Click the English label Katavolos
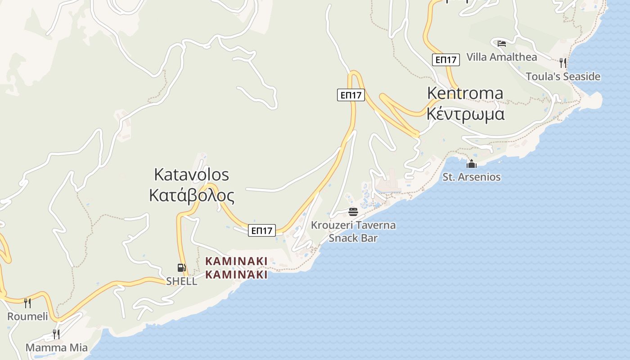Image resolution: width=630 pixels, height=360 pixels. [x=191, y=174]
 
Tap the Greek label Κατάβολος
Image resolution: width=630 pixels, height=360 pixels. [x=191, y=196]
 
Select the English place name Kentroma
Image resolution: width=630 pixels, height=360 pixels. [x=465, y=93]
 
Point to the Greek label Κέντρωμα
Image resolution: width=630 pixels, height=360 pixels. [x=465, y=114]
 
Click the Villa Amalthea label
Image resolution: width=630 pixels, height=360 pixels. [x=502, y=57]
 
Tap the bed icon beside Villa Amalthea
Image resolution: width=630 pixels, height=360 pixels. [x=502, y=44]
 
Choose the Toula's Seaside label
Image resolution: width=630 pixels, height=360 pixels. [x=563, y=76]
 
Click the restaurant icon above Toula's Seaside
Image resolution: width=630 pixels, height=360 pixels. [x=562, y=63]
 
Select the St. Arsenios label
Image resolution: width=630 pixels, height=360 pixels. [x=471, y=177]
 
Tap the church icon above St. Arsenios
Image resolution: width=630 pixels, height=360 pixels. [x=471, y=164]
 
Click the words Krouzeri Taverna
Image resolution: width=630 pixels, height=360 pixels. [x=353, y=225]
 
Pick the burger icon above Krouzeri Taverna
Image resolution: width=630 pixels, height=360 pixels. [x=353, y=211]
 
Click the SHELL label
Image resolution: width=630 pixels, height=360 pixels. [x=181, y=281]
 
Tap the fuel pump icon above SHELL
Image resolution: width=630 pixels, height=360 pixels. [x=181, y=268]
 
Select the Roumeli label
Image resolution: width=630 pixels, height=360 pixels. [x=27, y=316]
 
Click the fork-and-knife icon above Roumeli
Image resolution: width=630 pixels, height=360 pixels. [x=27, y=303]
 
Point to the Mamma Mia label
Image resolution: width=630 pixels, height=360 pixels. [x=56, y=347]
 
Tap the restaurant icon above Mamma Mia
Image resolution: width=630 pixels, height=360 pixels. [x=56, y=334]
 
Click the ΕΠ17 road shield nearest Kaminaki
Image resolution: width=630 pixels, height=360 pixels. [x=261, y=231]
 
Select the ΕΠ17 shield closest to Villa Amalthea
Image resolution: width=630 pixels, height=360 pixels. [x=445, y=59]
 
